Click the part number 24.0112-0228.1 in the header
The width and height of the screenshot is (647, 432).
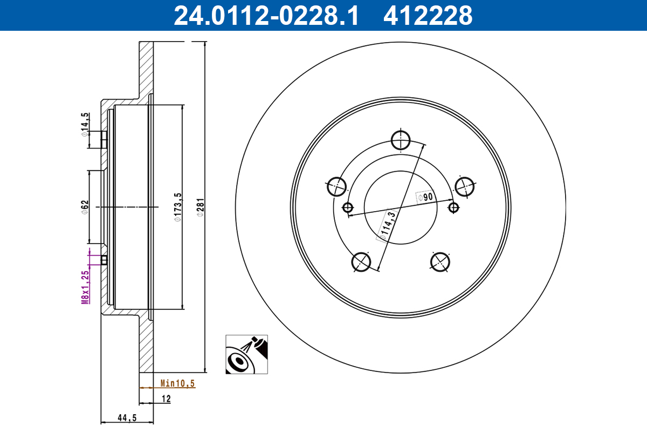pos(265,16)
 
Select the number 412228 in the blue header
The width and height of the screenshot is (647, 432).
pos(428,16)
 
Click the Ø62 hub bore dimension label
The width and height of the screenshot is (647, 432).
pos(85,207)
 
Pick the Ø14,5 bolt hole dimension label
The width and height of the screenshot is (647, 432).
pos(85,125)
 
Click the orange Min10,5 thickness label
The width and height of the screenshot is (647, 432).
pos(177,383)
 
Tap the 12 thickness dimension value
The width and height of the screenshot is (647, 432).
pos(166,399)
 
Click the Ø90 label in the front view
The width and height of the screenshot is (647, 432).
pos(425,197)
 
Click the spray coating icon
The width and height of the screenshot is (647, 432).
pos(246,354)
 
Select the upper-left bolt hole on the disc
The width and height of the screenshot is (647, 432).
pos(336,186)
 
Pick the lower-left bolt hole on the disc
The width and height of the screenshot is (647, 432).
pos(361,262)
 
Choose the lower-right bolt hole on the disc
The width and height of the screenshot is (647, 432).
pos(440,262)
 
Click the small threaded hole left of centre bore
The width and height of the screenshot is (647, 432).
pos(348,207)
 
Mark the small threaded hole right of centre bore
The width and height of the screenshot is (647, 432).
pos(453,207)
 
